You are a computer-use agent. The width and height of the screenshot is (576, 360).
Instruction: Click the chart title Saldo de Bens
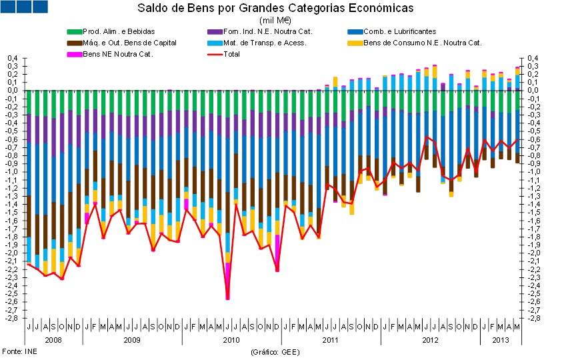[275, 9]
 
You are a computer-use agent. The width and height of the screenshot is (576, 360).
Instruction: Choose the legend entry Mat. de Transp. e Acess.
[262, 43]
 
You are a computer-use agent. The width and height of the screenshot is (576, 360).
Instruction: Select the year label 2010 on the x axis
[231, 340]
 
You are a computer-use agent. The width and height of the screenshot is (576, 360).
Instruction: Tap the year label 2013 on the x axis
[500, 340]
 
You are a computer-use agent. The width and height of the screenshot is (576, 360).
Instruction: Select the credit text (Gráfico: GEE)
[275, 351]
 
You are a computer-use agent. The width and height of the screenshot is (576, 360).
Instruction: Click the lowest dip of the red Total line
[227, 299]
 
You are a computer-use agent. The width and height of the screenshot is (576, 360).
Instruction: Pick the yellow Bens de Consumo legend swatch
[355, 43]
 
